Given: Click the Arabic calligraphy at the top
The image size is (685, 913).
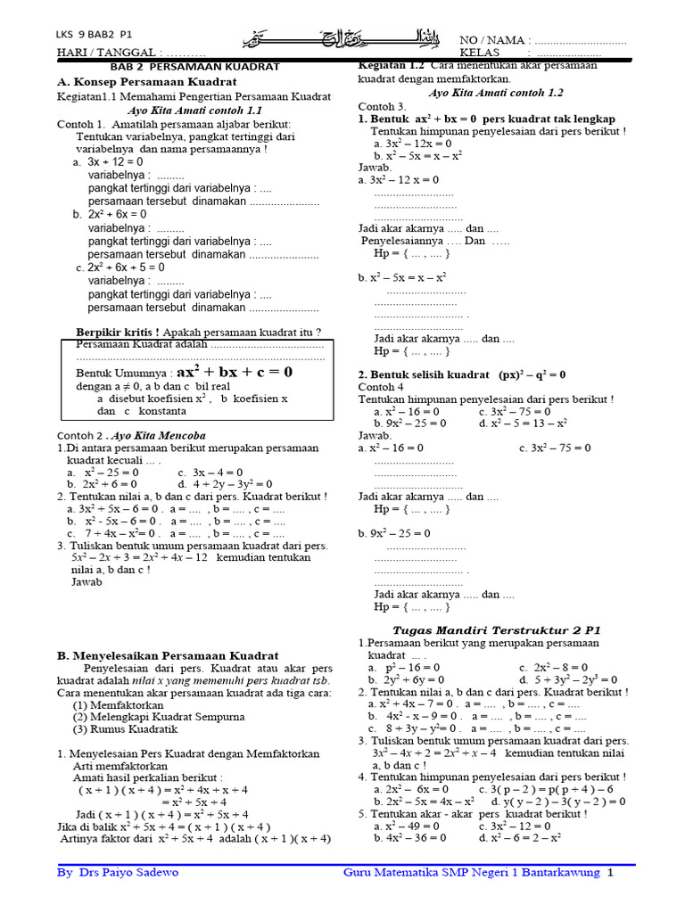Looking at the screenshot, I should (343, 40).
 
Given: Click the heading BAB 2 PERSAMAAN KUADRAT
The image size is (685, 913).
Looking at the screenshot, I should (194, 67).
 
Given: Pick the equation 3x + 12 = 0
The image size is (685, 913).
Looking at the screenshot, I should (115, 162).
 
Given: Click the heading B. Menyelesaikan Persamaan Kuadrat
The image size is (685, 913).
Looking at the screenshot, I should (169, 655).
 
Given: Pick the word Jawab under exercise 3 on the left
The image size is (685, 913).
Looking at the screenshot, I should (87, 581).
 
